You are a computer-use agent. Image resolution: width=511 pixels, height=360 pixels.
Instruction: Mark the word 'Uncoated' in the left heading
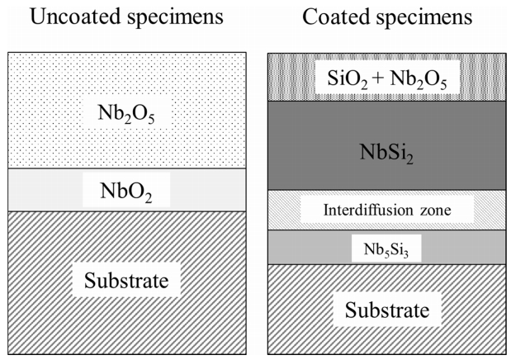tap(78, 17)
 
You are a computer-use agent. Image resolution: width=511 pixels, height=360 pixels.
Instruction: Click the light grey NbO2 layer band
tap(50, 191)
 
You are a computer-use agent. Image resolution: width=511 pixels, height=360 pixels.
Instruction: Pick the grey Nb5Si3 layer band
tap(305, 247)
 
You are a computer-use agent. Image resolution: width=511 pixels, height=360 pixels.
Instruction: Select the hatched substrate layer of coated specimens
tap(297, 330)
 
